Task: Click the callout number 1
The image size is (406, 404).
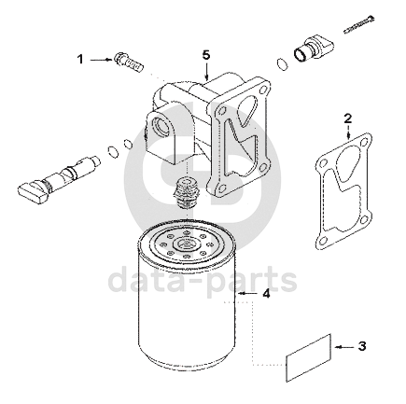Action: (x=80, y=59)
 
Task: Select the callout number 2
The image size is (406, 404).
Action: (x=348, y=118)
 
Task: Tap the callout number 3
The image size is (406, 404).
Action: (x=362, y=346)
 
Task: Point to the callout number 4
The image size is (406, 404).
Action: (x=266, y=294)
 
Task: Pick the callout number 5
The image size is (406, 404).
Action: (x=206, y=55)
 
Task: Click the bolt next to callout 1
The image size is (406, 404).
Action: (x=129, y=63)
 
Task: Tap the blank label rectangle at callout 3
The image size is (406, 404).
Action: (x=308, y=357)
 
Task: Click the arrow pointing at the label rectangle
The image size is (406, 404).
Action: (x=344, y=346)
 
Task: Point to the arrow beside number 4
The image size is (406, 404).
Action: (x=247, y=294)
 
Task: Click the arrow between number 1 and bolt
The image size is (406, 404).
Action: (x=101, y=59)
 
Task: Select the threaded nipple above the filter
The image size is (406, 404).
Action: (x=186, y=193)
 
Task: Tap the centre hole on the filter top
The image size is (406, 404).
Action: (x=186, y=243)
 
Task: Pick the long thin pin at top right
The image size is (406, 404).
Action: (x=359, y=24)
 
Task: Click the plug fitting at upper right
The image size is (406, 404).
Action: (x=314, y=49)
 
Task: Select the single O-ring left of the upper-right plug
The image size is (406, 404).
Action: (x=282, y=64)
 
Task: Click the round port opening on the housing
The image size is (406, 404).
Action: (x=161, y=127)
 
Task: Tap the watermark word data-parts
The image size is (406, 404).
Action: (x=203, y=281)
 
